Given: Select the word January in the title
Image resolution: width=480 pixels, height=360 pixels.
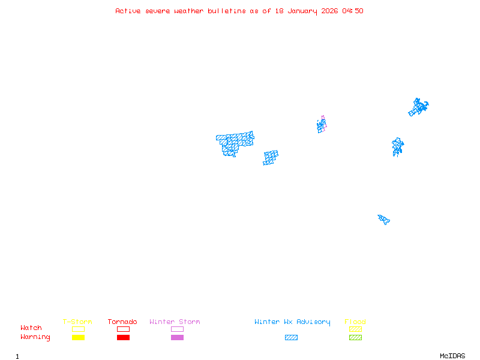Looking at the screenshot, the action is click(x=302, y=11).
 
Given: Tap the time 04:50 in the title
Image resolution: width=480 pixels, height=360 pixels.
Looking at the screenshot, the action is click(x=353, y=11).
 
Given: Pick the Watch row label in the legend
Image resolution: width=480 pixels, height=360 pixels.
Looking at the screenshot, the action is click(x=31, y=328).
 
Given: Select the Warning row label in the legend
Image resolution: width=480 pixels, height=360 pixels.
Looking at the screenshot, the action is click(x=35, y=337).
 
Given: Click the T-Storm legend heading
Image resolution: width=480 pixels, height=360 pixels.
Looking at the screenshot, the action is click(x=77, y=322).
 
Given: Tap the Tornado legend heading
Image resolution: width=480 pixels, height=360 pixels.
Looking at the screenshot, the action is click(x=122, y=322).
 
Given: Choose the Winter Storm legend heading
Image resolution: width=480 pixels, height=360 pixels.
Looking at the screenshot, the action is click(x=175, y=322).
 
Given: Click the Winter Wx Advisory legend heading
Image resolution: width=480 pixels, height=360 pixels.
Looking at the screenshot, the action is click(x=292, y=322).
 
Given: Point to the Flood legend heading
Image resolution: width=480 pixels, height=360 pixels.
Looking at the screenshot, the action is click(x=355, y=322).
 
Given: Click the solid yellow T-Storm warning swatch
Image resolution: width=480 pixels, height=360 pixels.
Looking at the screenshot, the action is click(x=79, y=337).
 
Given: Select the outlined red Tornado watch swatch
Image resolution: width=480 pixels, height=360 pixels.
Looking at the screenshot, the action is click(x=124, y=329).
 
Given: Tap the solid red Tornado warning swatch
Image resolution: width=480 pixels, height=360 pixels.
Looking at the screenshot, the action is click(x=124, y=337).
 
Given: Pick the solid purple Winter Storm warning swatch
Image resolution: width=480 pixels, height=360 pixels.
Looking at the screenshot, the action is click(x=177, y=337).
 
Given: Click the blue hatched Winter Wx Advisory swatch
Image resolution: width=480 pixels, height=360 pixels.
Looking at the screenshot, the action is click(x=291, y=337).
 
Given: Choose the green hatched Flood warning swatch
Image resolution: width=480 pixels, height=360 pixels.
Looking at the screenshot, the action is click(x=355, y=337).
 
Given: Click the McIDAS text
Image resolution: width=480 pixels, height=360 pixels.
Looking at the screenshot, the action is click(x=452, y=356).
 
